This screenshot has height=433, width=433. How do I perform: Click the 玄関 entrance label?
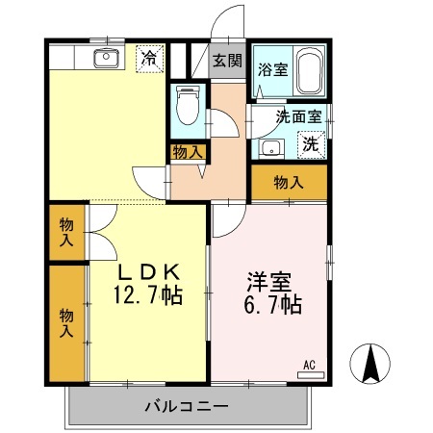[227, 61]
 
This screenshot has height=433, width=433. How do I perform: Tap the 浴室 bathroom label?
[272, 68]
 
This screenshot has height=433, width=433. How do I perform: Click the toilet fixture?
[187, 106]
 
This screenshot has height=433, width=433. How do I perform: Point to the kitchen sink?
[105, 59]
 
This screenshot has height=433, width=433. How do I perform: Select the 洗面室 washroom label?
[299, 117]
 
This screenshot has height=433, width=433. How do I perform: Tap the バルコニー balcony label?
[187, 405]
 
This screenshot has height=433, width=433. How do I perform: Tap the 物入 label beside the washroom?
[289, 182]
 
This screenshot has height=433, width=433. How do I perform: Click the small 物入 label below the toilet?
[188, 151]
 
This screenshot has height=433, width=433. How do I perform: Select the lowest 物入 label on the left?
[66, 322]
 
